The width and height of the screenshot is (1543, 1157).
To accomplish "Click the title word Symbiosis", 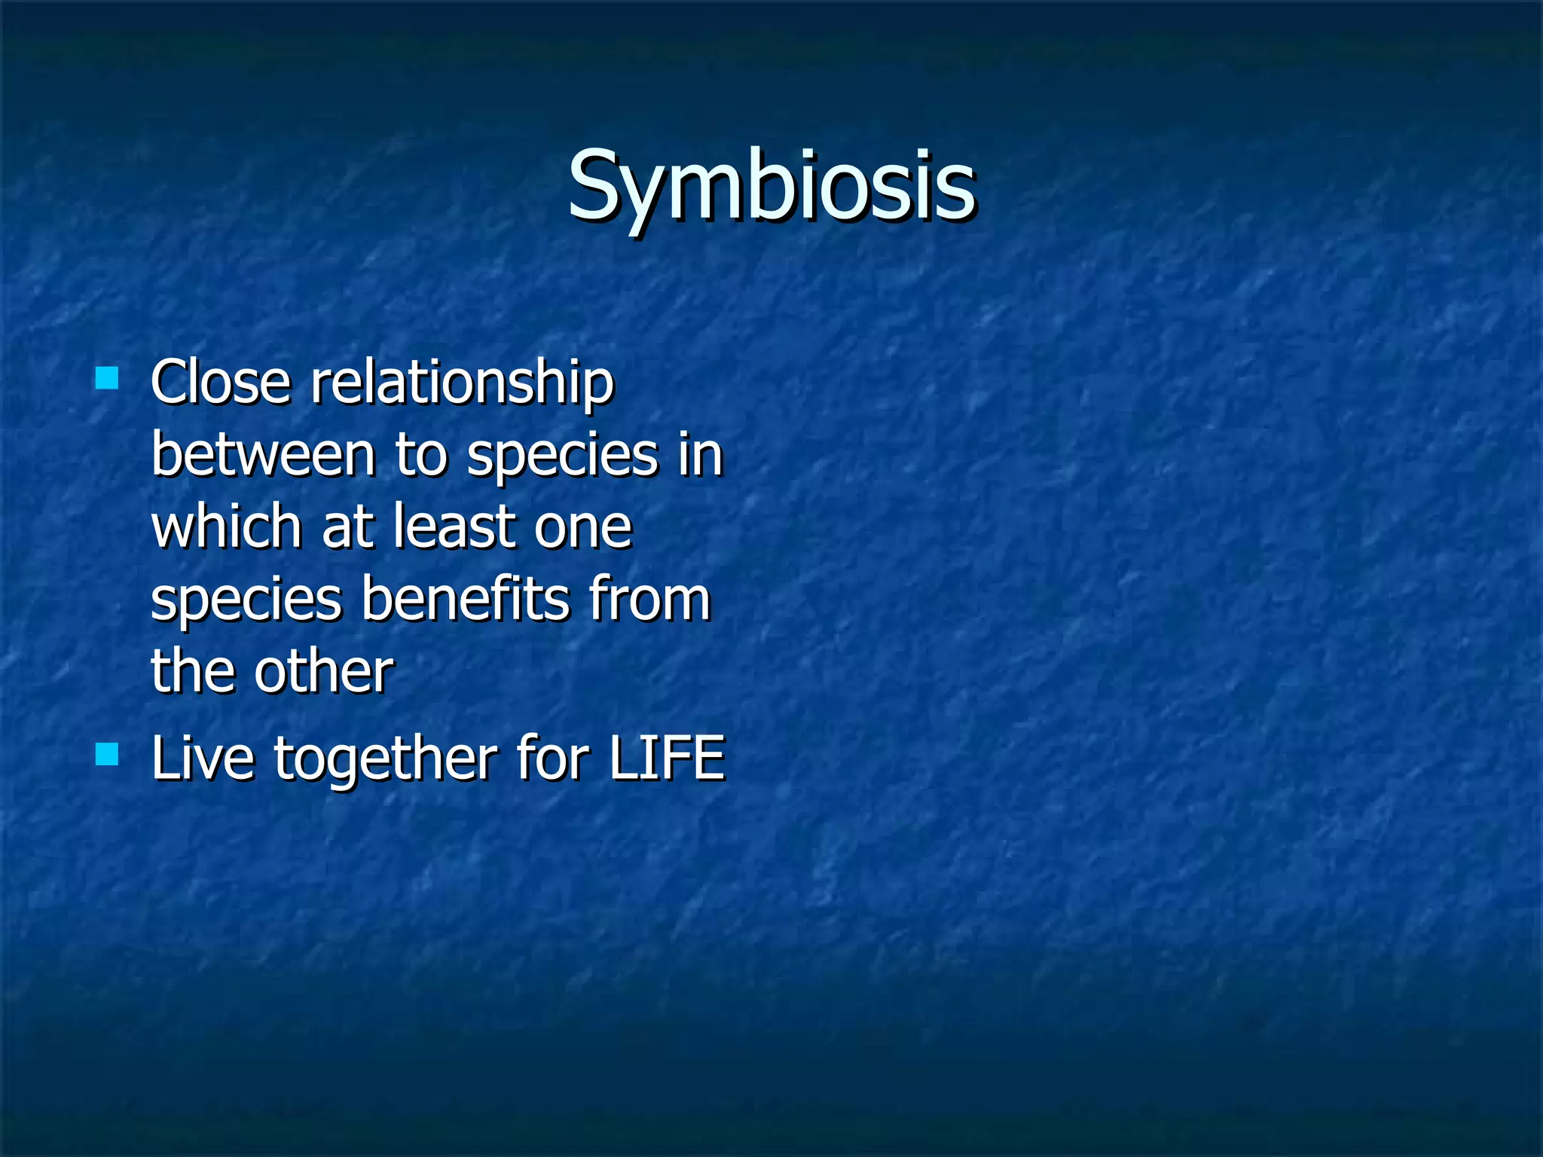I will pyautogui.click(x=771, y=187).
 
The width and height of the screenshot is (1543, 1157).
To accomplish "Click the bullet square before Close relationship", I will pyautogui.click(x=107, y=377).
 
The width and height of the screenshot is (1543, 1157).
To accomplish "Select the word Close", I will pyautogui.click(x=220, y=383).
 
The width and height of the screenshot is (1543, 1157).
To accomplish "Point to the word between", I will pyautogui.click(x=263, y=455).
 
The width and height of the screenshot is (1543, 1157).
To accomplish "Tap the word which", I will pyautogui.click(x=226, y=527).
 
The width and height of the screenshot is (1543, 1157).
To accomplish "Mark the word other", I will pyautogui.click(x=323, y=671).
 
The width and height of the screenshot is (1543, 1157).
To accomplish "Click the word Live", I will pyautogui.click(x=202, y=758).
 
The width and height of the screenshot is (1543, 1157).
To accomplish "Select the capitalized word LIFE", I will pyautogui.click(x=666, y=758).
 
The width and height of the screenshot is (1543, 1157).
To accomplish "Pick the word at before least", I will pyautogui.click(x=347, y=528).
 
